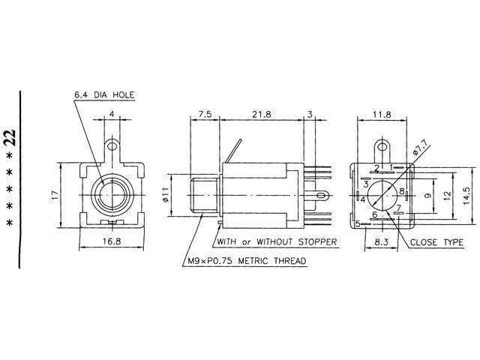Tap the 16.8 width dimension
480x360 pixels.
112,242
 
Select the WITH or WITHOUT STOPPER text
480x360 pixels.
275,241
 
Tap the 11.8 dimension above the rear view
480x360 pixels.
382,115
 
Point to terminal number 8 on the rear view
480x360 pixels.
402,191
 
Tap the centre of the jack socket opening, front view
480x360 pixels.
112,194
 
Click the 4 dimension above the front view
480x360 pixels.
112,115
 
